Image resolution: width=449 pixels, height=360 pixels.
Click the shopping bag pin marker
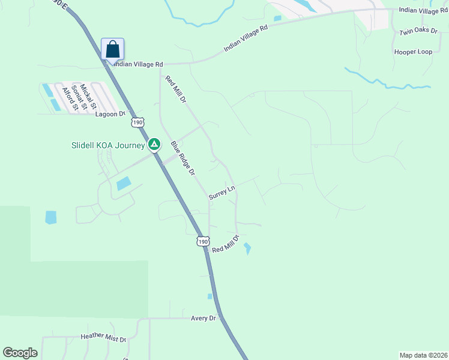click(113, 49)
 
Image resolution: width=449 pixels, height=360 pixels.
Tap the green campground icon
click(154, 144)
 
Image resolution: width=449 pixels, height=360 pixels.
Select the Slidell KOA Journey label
click(108, 146)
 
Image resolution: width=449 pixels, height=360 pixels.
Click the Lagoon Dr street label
click(109, 113)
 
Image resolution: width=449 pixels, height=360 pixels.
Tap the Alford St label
click(67, 98)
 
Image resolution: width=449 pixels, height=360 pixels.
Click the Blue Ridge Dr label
click(182, 158)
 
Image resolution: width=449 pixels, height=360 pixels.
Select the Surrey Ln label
click(221, 193)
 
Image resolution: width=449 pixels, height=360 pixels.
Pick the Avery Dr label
click(203, 318)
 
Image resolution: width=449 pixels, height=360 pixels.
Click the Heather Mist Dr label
click(103, 339)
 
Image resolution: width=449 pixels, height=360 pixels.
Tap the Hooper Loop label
click(413, 52)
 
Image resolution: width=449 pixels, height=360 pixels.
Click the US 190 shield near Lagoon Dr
click(137, 122)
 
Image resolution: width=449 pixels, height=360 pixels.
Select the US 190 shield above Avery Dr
click(203, 241)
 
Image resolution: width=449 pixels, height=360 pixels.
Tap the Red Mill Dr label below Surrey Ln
click(226, 244)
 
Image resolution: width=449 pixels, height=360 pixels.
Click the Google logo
click(20, 353)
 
